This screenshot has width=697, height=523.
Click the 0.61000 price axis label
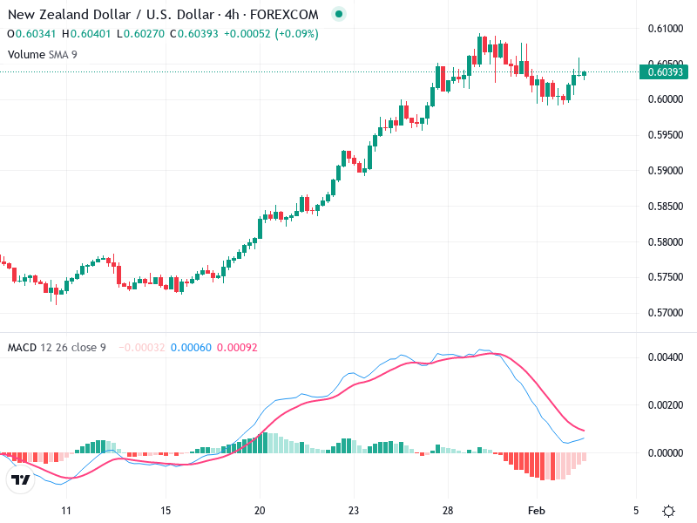click(x=665, y=29)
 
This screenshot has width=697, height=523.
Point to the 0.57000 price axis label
click(x=665, y=313)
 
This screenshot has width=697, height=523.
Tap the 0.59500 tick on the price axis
click(x=665, y=135)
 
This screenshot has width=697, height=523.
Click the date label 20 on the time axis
click(x=260, y=510)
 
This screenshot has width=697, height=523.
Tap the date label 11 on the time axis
click(x=65, y=510)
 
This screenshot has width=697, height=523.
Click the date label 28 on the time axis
click(x=448, y=510)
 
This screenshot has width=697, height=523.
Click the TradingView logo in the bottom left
click(x=19, y=479)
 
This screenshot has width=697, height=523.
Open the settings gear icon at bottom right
click(x=668, y=511)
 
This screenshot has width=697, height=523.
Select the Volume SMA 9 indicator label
click(x=44, y=54)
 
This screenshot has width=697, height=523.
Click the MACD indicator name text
click(x=22, y=348)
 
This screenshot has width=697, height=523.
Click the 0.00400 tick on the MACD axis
click(x=665, y=358)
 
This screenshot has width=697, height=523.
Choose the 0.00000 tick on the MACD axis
click(x=665, y=453)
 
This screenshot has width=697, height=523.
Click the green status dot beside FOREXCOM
click(x=339, y=15)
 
